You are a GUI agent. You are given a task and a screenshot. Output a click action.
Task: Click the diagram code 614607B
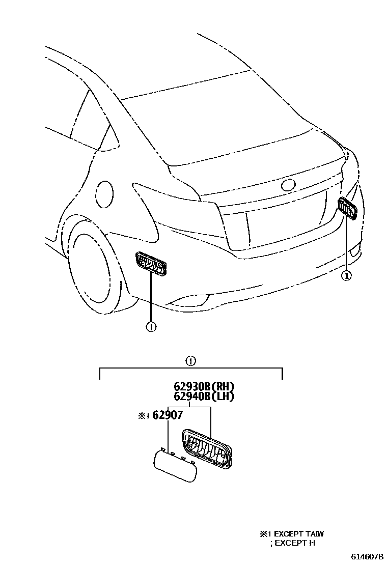[x=366, y=557]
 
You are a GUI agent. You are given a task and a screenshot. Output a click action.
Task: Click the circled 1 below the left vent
[x=151, y=326]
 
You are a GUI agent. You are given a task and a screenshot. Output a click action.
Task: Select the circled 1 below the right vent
[x=346, y=275]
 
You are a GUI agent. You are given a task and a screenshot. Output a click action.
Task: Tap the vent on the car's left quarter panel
[x=151, y=263]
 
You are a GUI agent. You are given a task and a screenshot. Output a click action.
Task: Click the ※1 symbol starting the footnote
[x=265, y=534]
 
